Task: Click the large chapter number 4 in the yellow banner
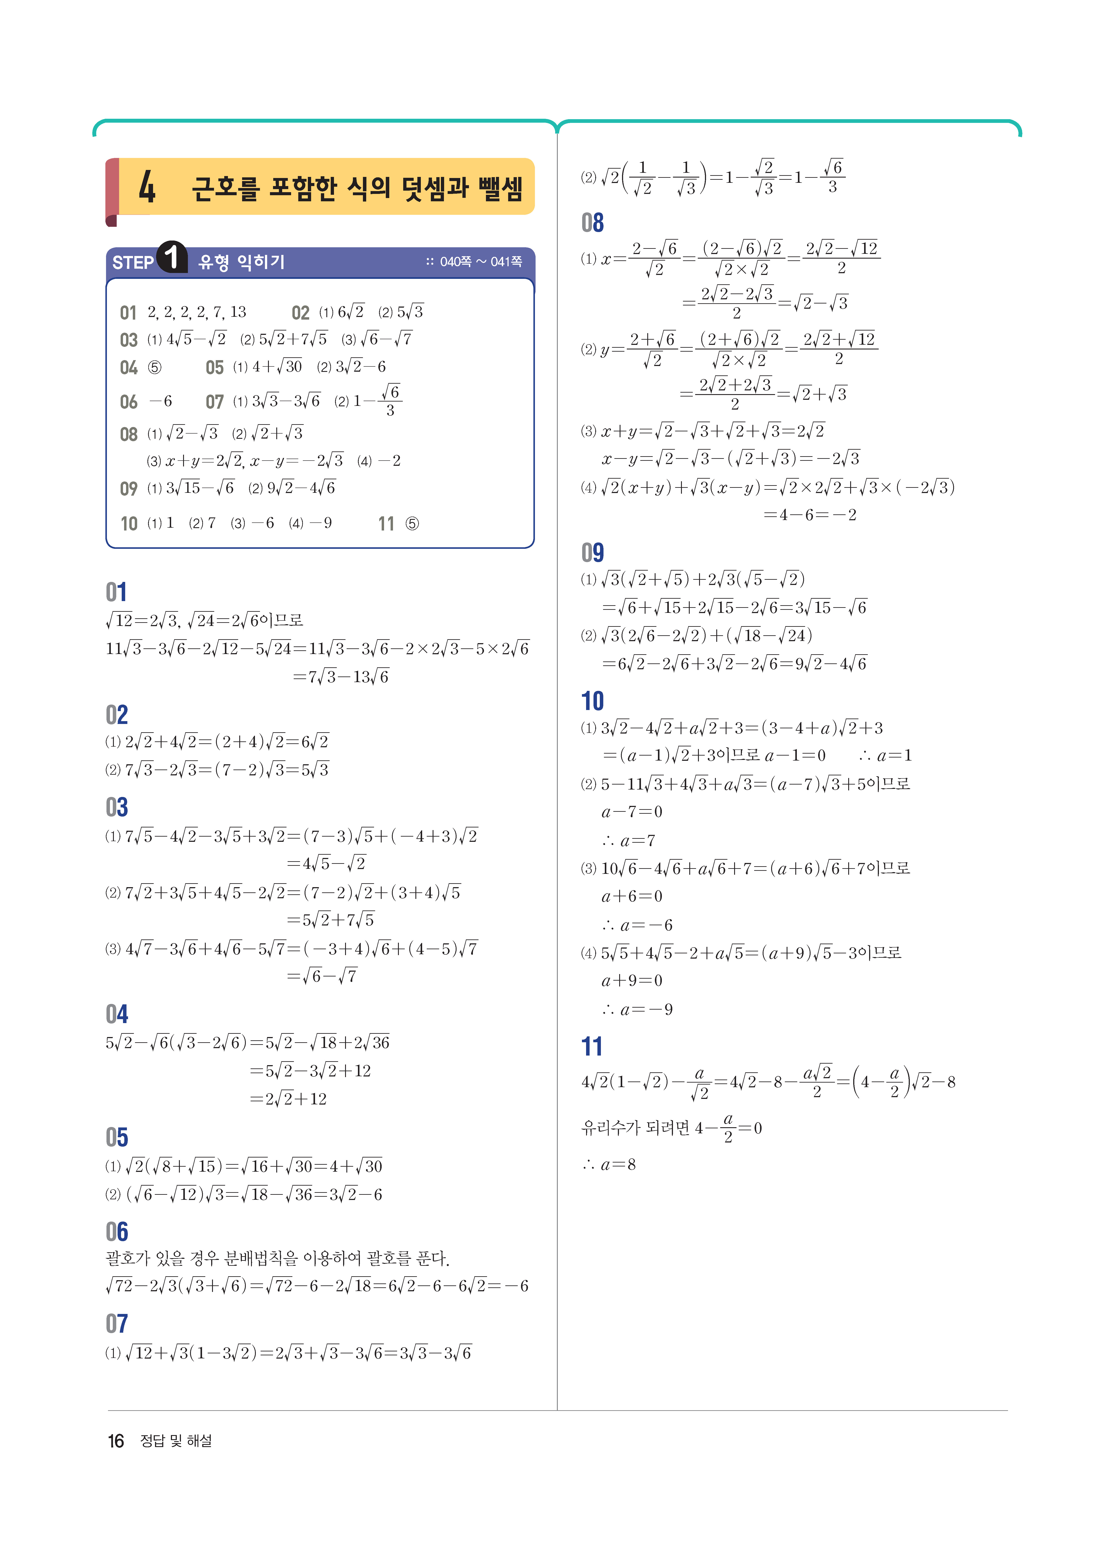pyautogui.click(x=147, y=187)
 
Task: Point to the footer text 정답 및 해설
pyautogui.click(x=175, y=1441)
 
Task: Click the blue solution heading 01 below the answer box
pyautogui.click(x=116, y=592)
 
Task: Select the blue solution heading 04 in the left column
pyautogui.click(x=116, y=1014)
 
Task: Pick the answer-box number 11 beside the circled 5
pyautogui.click(x=386, y=524)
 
